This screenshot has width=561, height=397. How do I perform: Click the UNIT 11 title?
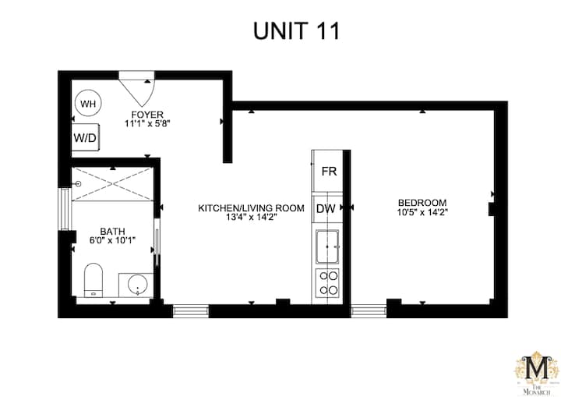click(296, 31)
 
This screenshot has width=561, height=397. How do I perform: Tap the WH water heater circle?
click(88, 103)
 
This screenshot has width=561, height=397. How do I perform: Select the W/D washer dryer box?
click(85, 137)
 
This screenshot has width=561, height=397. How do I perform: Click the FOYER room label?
click(147, 115)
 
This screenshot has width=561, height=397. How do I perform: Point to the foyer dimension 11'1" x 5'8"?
click(147, 123)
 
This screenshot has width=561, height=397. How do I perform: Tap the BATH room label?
click(113, 232)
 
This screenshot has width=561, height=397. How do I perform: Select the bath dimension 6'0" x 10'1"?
click(113, 240)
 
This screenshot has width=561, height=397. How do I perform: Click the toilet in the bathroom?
click(93, 280)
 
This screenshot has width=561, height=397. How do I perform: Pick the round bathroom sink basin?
click(138, 285)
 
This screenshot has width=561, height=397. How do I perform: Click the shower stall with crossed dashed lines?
click(113, 184)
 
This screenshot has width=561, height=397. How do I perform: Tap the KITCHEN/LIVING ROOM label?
click(251, 208)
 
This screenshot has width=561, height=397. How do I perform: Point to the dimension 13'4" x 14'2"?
click(251, 217)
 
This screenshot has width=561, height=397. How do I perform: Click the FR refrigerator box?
click(328, 172)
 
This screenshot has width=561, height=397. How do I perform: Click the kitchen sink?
click(327, 246)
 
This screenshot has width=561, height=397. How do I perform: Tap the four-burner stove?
click(328, 283)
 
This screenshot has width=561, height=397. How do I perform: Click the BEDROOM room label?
click(422, 203)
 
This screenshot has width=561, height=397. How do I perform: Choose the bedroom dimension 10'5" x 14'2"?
click(422, 212)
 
